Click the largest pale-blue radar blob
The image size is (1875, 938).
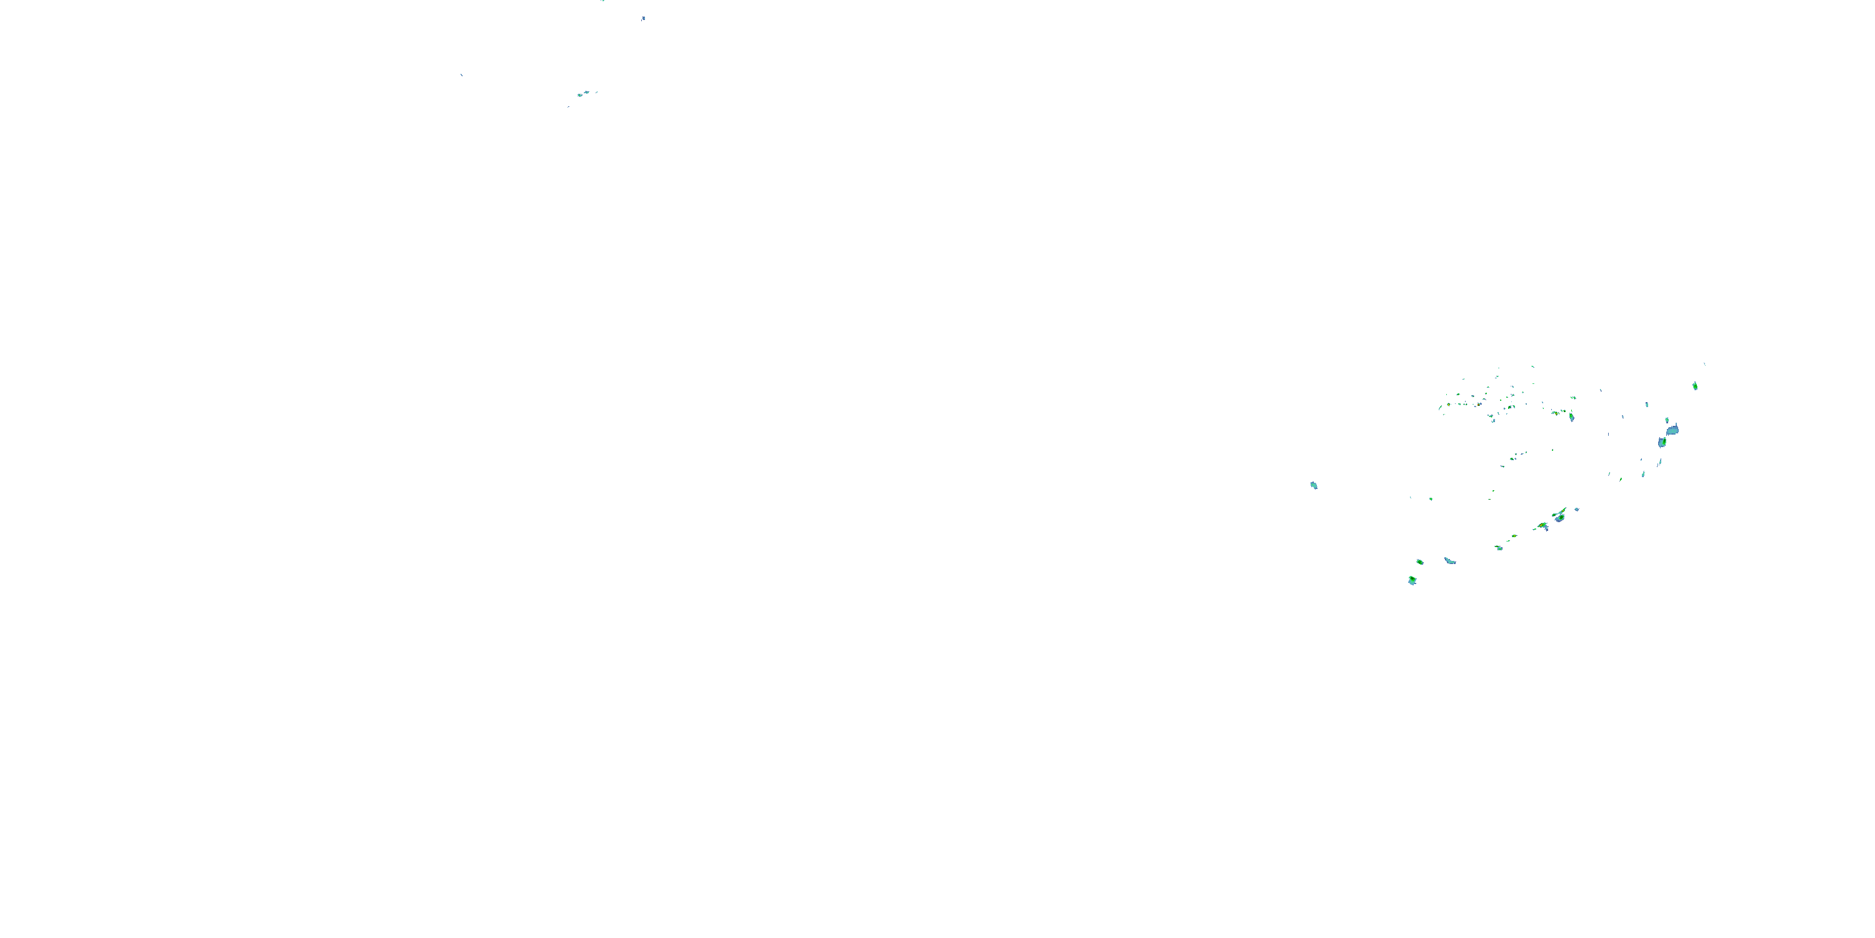tap(1672, 430)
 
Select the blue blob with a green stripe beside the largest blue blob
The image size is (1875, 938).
tap(1662, 441)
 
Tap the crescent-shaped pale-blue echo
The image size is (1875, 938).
tap(1449, 560)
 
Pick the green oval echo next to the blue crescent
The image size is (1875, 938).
tap(1420, 562)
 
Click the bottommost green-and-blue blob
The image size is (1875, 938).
tap(1412, 580)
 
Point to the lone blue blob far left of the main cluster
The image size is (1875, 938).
tap(1314, 485)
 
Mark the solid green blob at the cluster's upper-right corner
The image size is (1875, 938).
tap(1695, 386)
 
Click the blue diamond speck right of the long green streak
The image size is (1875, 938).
tap(1577, 509)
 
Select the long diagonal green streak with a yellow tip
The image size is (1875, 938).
tap(1559, 513)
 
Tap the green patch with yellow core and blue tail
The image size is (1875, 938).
tap(1542, 526)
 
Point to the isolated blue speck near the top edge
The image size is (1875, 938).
tap(644, 18)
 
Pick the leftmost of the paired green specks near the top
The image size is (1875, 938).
tap(580, 94)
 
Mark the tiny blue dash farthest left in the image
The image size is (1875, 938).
tap(461, 74)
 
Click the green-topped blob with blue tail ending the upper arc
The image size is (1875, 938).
tap(1571, 416)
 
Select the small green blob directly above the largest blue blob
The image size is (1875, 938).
tap(1667, 420)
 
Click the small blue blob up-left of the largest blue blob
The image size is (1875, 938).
tap(1647, 404)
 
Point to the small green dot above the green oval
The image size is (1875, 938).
tap(1431, 499)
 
